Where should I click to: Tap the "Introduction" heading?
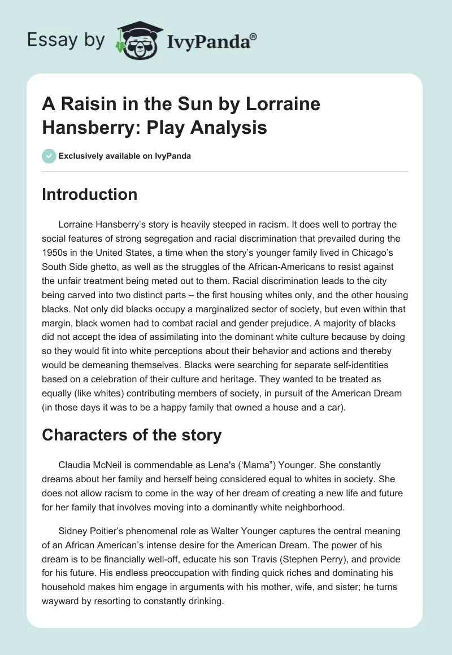89,195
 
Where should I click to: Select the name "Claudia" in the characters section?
76,465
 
